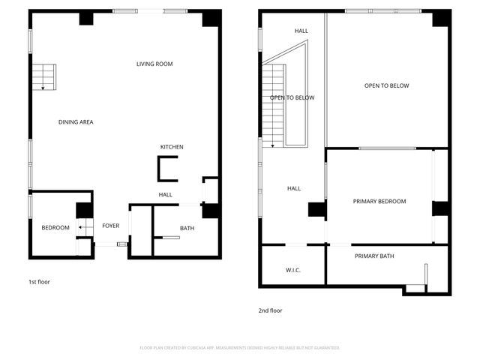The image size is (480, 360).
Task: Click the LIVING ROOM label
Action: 154,64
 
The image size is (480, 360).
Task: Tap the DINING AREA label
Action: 76,121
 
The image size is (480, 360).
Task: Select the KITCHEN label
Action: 172,147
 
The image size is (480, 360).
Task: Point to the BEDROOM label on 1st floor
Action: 55,228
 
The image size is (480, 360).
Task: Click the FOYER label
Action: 111,226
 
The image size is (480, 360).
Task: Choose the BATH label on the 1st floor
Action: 187,228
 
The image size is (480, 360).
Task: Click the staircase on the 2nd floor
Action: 274,105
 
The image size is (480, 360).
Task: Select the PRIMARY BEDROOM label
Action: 379,201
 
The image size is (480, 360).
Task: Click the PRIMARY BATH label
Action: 374,256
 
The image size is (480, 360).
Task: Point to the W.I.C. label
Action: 292,270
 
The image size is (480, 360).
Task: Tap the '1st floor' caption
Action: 39,282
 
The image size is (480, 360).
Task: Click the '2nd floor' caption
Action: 271,310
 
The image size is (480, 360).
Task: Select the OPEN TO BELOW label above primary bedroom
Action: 386,86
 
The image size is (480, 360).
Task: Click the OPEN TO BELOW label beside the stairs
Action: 292,98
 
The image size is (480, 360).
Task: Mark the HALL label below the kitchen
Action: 165,195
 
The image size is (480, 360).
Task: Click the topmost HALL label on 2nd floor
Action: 301,31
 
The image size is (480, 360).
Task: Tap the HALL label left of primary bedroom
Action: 294,189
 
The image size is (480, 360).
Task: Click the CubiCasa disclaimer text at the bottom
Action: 240,348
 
